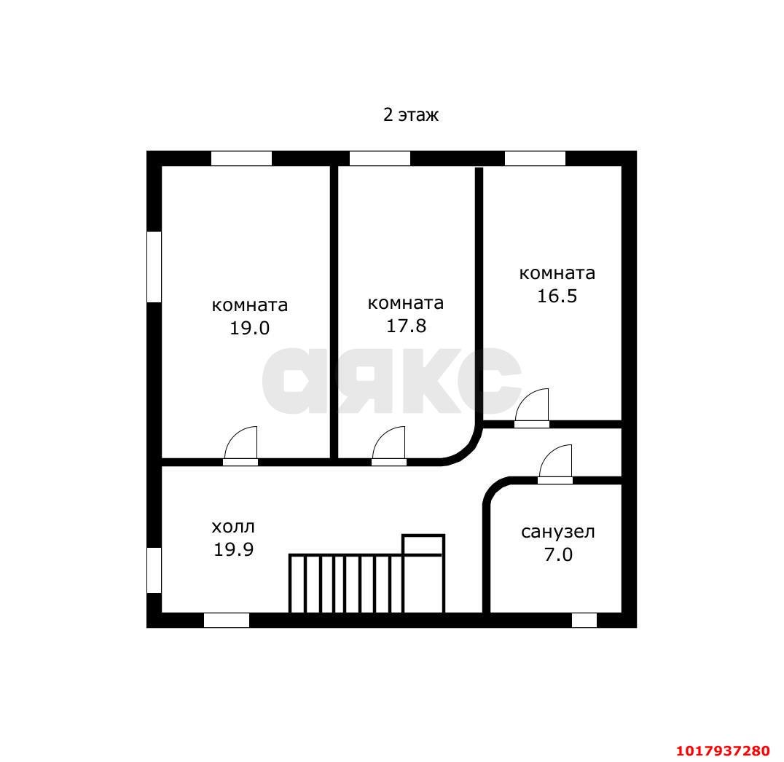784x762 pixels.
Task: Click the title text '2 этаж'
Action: [410, 115]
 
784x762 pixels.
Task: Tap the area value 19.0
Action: [249, 328]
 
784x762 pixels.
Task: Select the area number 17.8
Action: [406, 326]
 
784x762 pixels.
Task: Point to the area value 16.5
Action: [557, 296]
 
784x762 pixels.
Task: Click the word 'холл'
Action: [233, 527]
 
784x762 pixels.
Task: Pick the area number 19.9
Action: [233, 550]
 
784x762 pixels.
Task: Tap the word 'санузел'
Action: [558, 532]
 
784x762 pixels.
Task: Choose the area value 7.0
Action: [558, 555]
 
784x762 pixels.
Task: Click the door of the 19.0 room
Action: [240, 446]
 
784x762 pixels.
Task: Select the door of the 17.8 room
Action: [389, 446]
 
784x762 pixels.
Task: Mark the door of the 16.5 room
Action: [532, 408]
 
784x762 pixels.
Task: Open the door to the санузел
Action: [555, 464]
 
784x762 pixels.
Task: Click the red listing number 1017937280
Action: [723, 751]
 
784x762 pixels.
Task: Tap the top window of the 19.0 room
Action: [241, 159]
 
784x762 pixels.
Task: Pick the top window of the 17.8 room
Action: [380, 159]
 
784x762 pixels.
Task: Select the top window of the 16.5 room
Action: [535, 159]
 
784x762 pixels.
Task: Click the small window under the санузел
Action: [584, 620]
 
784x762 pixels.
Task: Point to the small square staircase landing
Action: [423, 545]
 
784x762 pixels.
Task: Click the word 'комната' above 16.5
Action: [557, 273]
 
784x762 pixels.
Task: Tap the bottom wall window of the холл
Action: [227, 620]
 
